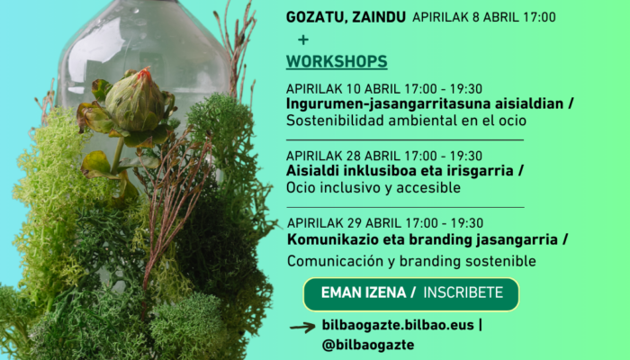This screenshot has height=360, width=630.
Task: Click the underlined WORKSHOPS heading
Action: click(x=337, y=61)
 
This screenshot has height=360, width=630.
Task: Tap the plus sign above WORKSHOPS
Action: click(x=303, y=40)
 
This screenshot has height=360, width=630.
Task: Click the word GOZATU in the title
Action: click(x=317, y=18)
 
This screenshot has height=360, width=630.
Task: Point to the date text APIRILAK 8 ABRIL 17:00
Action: click(x=484, y=17)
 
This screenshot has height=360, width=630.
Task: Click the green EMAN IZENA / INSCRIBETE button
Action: click(x=411, y=294)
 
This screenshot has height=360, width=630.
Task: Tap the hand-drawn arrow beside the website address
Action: click(x=302, y=328)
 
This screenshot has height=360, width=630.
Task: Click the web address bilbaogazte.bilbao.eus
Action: click(x=398, y=325)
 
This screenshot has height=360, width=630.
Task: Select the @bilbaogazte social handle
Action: click(x=368, y=345)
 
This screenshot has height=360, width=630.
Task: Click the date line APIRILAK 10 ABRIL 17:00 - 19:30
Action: click(x=384, y=89)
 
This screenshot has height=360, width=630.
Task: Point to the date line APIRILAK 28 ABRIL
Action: click(x=384, y=156)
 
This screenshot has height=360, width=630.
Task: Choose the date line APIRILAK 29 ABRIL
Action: click(x=385, y=223)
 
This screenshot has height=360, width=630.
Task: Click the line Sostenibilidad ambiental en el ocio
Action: click(x=406, y=121)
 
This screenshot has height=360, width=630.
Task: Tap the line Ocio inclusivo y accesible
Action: click(x=373, y=187)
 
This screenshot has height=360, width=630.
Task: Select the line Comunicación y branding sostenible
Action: click(x=411, y=261)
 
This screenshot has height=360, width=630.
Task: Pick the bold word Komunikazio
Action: click(x=333, y=239)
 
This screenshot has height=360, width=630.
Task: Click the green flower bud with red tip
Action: click(x=135, y=101)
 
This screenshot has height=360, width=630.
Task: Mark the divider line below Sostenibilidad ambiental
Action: click(x=405, y=139)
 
